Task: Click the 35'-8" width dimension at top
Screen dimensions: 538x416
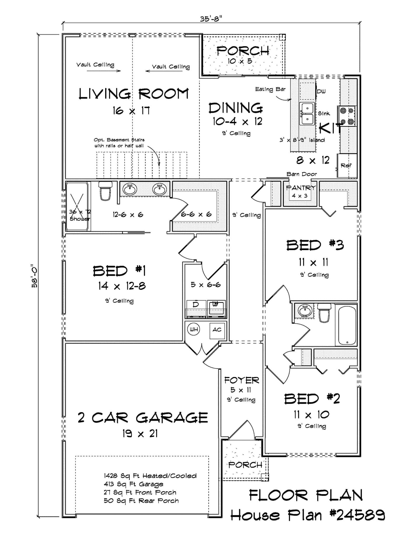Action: [211, 19]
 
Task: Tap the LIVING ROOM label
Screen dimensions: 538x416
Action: [134, 94]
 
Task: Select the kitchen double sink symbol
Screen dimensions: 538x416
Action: [307, 114]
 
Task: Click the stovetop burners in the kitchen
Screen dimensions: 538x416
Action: [347, 116]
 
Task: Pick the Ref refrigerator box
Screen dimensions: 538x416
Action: [347, 165]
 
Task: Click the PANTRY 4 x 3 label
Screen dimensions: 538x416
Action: [300, 191]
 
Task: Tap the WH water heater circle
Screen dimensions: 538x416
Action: [194, 329]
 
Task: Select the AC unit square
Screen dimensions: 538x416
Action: [217, 330]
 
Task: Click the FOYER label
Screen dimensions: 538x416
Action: [241, 380]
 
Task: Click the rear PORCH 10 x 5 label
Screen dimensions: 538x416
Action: [242, 55]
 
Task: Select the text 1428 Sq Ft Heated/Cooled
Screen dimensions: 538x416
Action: [150, 476]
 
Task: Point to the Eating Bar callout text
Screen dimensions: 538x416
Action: [270, 89]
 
